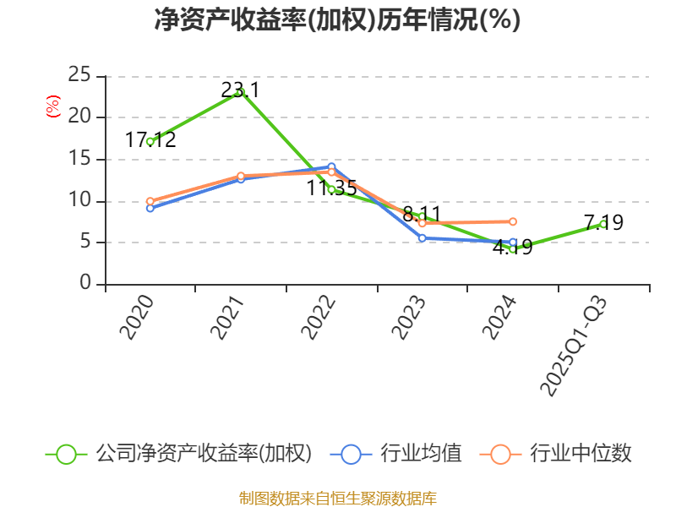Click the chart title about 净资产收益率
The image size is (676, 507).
point(337,20)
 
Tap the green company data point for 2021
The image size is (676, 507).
point(241,92)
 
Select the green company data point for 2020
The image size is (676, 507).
point(150,141)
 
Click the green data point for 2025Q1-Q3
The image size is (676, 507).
point(603,224)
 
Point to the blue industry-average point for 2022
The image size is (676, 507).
point(331,167)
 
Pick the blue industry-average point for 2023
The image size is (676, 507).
point(422,238)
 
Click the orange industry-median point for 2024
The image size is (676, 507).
point(513,221)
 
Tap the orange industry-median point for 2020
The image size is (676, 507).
point(150,201)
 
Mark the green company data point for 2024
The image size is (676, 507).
point(513,248)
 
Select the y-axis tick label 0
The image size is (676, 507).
point(85,284)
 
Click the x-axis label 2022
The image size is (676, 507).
point(319,318)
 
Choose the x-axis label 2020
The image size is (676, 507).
point(137,318)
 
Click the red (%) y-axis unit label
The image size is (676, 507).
point(53,106)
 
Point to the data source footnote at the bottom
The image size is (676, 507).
point(337,498)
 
